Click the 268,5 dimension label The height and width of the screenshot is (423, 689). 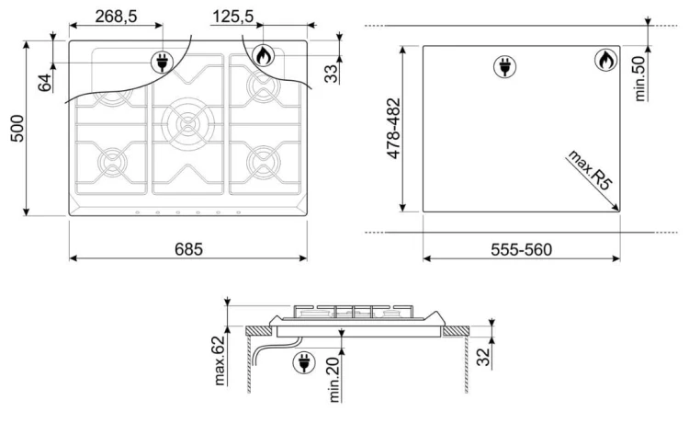(116, 17)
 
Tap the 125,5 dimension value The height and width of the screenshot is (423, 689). (233, 17)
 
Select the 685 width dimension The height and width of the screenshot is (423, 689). (188, 249)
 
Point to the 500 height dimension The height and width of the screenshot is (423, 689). (17, 128)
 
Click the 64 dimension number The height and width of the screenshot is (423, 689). (45, 83)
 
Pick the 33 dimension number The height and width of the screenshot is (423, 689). (332, 74)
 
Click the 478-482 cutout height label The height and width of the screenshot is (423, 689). (393, 129)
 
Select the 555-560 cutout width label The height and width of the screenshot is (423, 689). (521, 249)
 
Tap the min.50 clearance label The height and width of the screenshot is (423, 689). (639, 78)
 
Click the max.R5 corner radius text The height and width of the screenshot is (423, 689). (590, 170)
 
